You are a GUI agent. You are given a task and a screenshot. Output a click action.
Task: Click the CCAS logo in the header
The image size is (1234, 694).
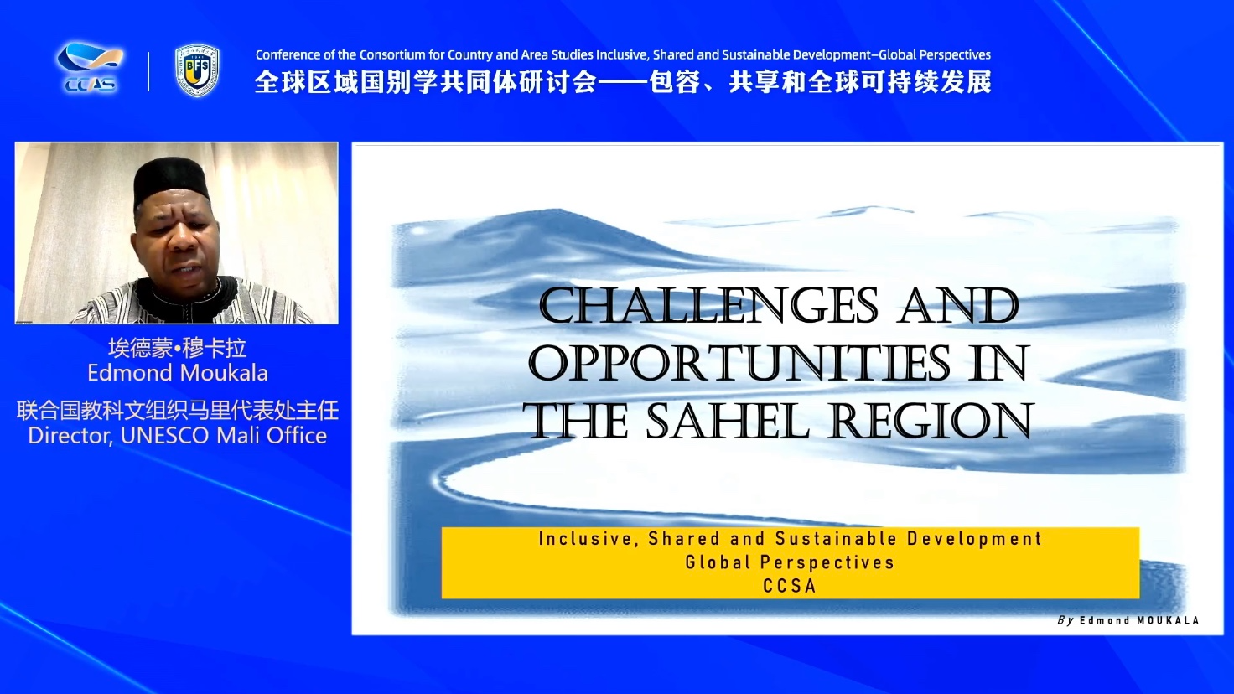[89, 68]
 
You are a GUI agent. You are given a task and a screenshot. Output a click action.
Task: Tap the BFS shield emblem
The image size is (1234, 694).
[197, 71]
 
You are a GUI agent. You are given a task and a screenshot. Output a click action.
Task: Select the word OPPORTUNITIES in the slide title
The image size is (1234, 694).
[739, 364]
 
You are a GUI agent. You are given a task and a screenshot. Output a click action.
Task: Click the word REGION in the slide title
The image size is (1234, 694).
[931, 422]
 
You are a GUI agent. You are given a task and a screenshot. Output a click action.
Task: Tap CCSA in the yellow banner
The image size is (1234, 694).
[789, 586]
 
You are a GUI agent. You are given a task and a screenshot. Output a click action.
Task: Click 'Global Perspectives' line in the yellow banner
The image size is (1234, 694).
[790, 562]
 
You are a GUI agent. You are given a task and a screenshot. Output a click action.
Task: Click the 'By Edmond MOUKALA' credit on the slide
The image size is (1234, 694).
[1128, 620]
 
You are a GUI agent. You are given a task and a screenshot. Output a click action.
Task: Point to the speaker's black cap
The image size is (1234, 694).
[171, 179]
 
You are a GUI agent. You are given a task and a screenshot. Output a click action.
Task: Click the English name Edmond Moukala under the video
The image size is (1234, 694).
[178, 374]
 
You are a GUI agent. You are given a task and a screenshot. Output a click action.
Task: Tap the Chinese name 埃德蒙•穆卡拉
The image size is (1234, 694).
[177, 348]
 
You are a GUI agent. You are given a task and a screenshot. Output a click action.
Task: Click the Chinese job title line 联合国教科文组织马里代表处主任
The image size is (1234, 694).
[178, 411]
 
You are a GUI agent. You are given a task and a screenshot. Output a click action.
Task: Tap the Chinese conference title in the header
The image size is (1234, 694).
[623, 82]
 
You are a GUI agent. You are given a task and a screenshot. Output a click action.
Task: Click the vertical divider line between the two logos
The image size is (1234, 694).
[148, 71]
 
